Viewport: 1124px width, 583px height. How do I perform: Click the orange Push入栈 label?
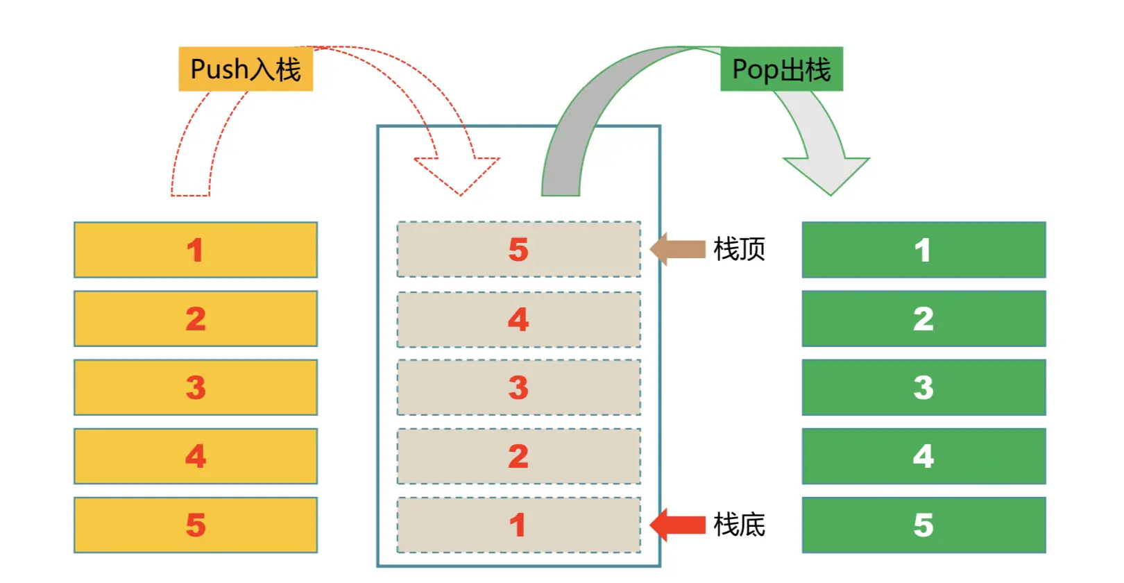[246, 69]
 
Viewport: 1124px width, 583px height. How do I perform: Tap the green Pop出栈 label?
[781, 69]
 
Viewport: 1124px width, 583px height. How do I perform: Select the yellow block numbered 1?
[196, 250]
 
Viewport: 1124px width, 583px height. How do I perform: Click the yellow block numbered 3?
[196, 387]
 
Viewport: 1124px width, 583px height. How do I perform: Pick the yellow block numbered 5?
[196, 525]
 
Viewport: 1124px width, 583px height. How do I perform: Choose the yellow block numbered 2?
[196, 319]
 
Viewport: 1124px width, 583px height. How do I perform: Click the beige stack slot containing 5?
[518, 250]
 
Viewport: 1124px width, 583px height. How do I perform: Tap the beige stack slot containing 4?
[518, 319]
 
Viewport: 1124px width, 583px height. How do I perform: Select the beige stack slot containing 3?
[518, 387]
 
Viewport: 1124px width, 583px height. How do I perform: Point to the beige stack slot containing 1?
[518, 525]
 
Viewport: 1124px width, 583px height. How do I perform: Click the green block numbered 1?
[923, 250]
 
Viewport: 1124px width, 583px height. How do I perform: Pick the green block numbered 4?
[923, 456]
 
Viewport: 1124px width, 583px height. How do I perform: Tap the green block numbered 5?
[923, 525]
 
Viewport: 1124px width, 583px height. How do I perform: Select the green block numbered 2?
[923, 319]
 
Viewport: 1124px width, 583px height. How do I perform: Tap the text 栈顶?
[740, 249]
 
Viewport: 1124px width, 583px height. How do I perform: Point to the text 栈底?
[740, 525]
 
